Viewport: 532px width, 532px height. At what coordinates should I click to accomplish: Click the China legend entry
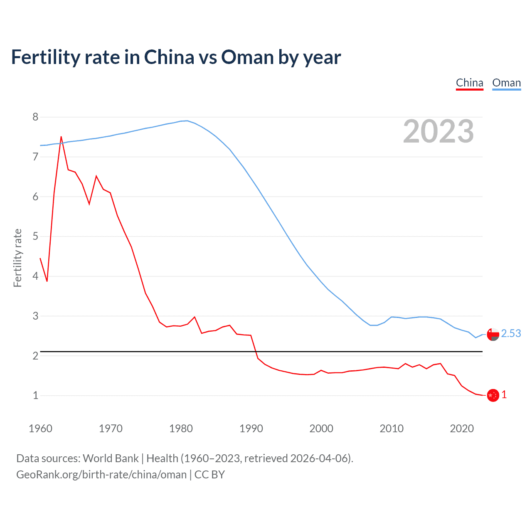click(469, 83)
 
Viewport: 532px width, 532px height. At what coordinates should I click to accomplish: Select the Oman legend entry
click(506, 83)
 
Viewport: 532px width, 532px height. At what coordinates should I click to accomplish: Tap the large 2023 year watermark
click(438, 131)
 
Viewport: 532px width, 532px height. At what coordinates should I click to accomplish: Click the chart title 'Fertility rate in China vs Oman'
click(176, 57)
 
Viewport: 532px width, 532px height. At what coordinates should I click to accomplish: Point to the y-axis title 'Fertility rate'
click(17, 258)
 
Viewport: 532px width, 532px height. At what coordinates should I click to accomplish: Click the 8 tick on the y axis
click(35, 117)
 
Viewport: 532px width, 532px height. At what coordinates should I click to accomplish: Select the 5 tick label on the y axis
click(35, 236)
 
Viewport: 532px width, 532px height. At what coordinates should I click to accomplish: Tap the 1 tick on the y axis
click(35, 395)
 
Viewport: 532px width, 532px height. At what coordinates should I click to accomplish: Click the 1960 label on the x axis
click(40, 429)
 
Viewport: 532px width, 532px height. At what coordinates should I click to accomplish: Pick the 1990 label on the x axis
click(251, 429)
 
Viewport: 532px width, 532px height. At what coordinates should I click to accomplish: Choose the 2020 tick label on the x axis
click(462, 429)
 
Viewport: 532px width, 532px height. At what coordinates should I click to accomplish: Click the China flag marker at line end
click(493, 395)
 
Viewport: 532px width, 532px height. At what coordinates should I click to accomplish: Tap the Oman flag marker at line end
click(493, 334)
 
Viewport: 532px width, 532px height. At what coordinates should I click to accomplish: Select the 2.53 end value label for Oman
click(511, 333)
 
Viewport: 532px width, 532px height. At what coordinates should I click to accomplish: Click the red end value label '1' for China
click(504, 395)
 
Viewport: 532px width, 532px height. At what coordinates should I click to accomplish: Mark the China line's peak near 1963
click(61, 137)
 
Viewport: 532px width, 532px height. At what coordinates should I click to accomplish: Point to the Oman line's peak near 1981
click(187, 121)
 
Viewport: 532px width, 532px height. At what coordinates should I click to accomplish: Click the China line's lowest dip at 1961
click(47, 281)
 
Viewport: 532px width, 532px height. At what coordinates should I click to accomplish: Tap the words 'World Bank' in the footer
click(111, 458)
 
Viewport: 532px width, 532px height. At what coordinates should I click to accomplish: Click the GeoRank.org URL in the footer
click(101, 475)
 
